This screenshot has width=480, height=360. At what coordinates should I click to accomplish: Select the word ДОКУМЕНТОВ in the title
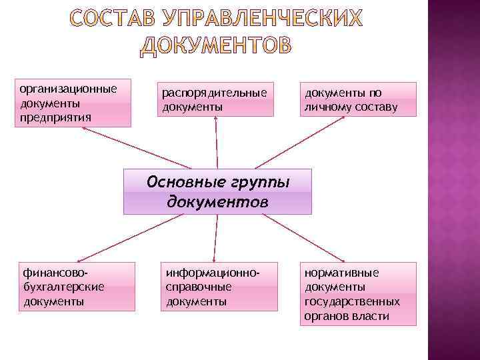coord(216,44)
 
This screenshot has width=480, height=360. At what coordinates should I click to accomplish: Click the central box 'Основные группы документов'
coord(217,191)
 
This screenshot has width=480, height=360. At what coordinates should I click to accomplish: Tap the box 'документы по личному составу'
coord(359,99)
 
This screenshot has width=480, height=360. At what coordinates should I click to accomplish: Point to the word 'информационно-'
coord(211,273)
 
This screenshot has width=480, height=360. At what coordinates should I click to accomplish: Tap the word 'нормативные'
coord(341,273)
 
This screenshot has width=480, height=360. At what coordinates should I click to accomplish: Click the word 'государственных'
coord(352,301)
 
